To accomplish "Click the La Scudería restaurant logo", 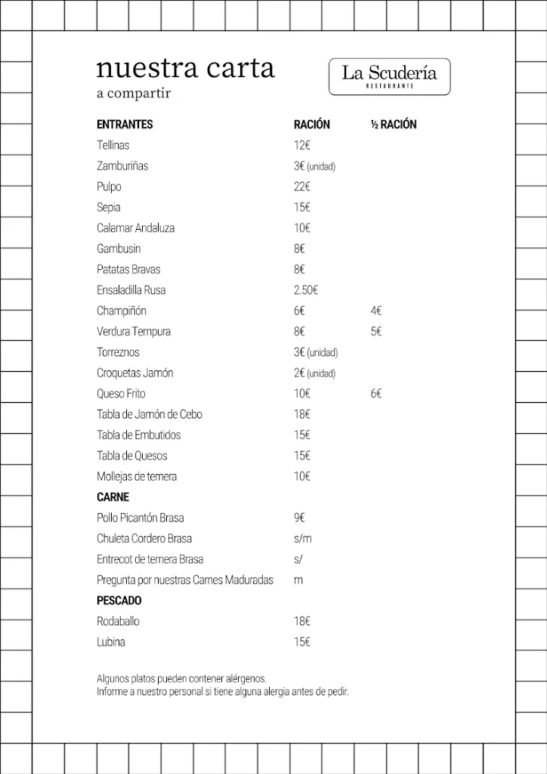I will (x=389, y=76).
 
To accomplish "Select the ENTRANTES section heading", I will (x=125, y=125).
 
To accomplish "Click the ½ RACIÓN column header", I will (x=394, y=125).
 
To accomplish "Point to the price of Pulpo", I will (x=302, y=187).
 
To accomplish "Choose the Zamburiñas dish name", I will (x=122, y=166).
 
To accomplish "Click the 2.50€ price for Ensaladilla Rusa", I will (x=306, y=290).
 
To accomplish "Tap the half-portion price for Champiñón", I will (x=376, y=311).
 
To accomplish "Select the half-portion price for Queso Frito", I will (x=376, y=394).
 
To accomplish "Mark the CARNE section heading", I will (x=113, y=497).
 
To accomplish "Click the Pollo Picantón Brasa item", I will (x=141, y=518).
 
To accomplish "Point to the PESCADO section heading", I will (x=119, y=601).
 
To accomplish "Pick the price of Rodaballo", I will (x=302, y=621).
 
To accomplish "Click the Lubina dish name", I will (x=111, y=642).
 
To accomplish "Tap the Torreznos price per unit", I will (x=315, y=352).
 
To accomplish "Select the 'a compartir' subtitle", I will (x=134, y=94).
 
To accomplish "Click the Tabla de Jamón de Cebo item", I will (x=150, y=414).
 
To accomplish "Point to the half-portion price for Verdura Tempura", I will (x=376, y=332).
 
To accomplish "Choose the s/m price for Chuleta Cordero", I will (x=302, y=539).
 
